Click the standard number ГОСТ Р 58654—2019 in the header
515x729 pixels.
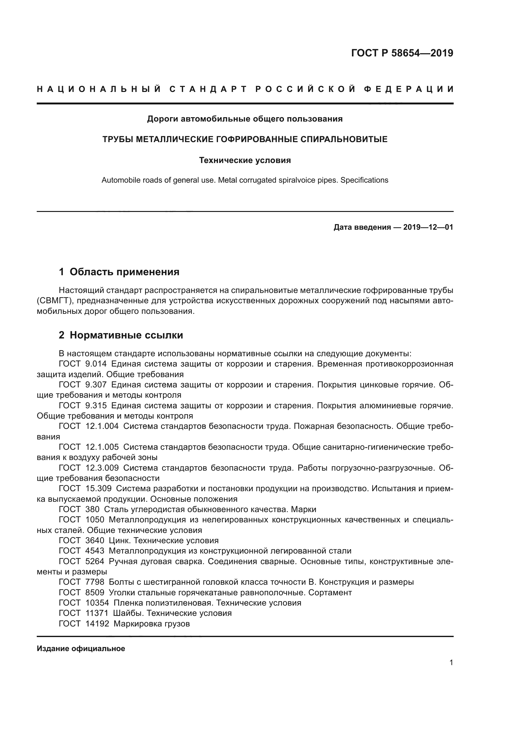pos(402,53)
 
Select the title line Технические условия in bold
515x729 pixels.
pos(245,160)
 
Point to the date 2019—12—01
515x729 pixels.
pos(428,227)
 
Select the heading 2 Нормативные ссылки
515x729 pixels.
pos(121,335)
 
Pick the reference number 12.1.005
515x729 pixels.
pos(102,447)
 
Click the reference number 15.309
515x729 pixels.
pos(98,489)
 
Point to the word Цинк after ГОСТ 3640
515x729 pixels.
pos(118,541)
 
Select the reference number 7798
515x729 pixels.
pos(95,582)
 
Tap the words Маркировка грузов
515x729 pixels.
pos(152,624)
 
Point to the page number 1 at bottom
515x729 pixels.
pos(451,663)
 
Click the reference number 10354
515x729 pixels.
pos(97,603)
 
